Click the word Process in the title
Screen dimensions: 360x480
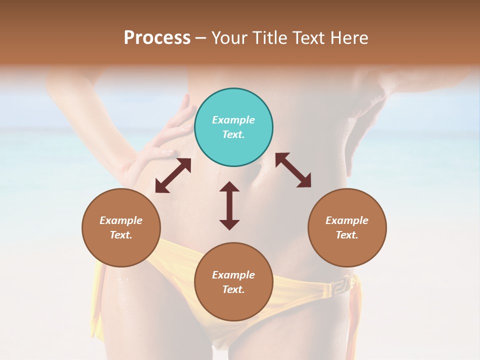click(157, 38)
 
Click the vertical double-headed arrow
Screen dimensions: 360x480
click(229, 205)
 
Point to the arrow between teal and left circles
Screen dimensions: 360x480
click(173, 175)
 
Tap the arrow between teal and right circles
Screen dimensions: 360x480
click(293, 170)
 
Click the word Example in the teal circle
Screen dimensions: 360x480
click(233, 120)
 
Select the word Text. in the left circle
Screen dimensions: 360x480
click(121, 235)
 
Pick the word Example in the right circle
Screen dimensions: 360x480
click(347, 220)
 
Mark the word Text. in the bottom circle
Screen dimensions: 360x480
click(233, 289)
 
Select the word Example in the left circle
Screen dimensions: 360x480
click(121, 220)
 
